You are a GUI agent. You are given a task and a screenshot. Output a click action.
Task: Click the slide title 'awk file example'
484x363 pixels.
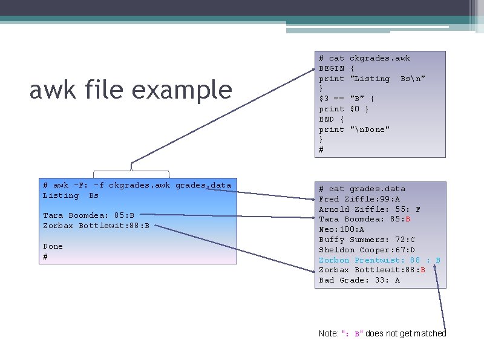tap(131, 91)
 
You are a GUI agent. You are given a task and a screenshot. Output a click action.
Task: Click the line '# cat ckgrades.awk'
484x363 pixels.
tap(364, 58)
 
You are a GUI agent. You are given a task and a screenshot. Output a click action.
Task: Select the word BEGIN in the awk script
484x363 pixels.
tap(332, 68)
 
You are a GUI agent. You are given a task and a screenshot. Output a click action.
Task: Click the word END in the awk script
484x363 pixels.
tap(327, 119)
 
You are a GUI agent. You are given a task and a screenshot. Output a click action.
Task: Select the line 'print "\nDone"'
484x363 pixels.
tap(354, 129)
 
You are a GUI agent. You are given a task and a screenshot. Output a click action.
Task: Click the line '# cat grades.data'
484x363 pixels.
tap(362, 189)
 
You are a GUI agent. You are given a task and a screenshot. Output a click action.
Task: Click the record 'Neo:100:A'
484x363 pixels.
tap(341, 229)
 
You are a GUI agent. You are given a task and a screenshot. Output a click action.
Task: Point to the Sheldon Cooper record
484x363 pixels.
tap(367, 250)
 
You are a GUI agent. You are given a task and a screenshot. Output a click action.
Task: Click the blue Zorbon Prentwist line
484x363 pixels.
tap(379, 260)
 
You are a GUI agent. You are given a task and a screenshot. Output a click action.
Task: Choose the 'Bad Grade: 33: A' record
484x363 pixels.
tap(359, 280)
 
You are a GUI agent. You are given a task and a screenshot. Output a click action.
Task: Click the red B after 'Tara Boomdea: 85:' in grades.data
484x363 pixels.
tap(408, 219)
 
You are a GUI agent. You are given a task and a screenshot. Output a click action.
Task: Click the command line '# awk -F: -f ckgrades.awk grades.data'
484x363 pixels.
tap(137, 185)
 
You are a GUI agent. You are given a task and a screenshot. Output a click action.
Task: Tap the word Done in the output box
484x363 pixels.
tap(53, 246)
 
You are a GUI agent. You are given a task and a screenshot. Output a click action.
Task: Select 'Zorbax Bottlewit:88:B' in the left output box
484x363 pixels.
tap(96, 226)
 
